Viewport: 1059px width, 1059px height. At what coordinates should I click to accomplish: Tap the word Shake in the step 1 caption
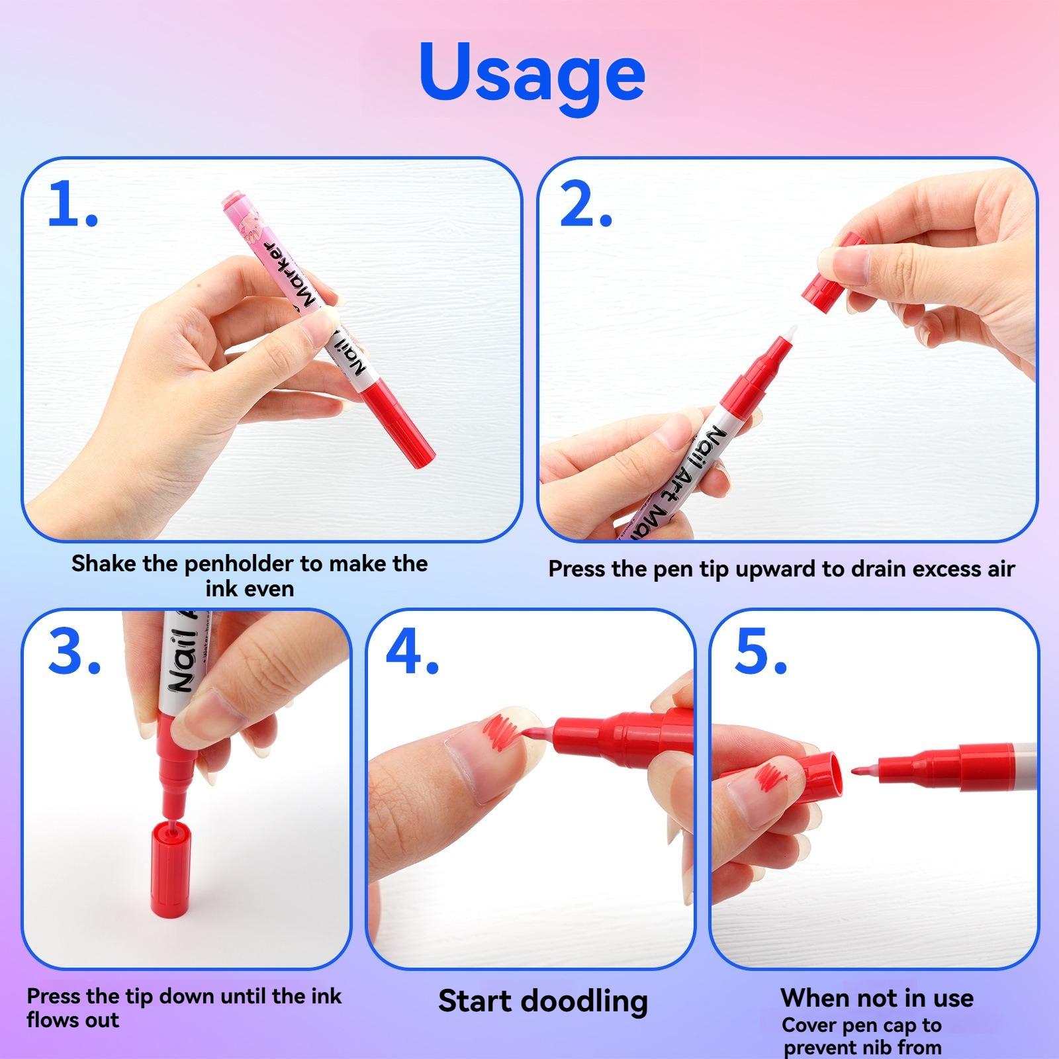point(105,564)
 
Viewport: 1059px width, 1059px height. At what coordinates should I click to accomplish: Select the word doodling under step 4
point(585,1001)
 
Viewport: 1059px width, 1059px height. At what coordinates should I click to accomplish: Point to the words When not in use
point(876,997)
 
